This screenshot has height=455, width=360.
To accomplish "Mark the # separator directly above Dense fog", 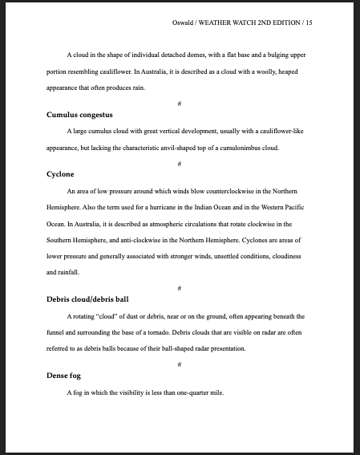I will (x=180, y=364).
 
